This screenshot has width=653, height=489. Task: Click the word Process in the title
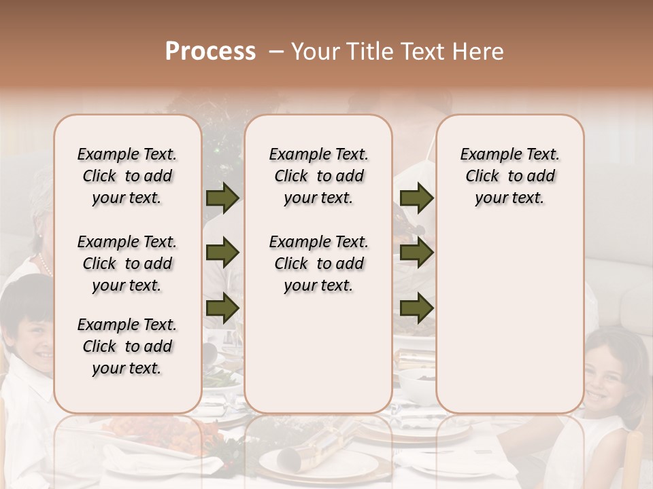(x=210, y=52)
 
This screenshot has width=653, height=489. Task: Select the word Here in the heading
(x=477, y=52)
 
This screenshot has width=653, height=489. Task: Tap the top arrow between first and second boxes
(x=222, y=198)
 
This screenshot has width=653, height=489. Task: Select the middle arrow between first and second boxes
(x=222, y=253)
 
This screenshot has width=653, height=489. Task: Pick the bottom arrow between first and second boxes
(x=222, y=308)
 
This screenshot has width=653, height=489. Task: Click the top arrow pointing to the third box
(x=416, y=198)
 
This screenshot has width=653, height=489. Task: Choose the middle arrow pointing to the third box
(x=416, y=253)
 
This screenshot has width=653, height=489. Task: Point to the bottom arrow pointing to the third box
(x=416, y=308)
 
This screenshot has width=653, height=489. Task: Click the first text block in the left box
(x=127, y=176)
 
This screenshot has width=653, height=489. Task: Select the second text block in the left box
(x=127, y=264)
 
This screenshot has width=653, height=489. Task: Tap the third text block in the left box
(x=127, y=346)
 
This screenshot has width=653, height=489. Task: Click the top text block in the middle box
(x=318, y=176)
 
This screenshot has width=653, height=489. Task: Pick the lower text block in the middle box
(x=318, y=264)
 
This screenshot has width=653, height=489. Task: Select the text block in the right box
(x=509, y=176)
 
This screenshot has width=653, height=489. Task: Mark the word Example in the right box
(x=486, y=155)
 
